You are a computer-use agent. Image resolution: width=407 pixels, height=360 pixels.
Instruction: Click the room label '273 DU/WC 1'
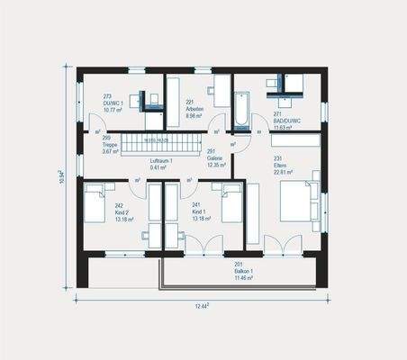114,103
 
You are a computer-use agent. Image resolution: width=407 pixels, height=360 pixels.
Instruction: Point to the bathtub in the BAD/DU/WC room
241,111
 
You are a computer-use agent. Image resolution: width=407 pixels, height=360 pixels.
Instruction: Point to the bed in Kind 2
96,202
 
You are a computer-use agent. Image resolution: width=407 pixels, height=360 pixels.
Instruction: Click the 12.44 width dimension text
203,307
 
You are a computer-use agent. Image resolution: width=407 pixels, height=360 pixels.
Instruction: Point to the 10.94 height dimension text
61,176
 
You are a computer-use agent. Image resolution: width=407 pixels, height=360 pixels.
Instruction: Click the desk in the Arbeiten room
221,91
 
